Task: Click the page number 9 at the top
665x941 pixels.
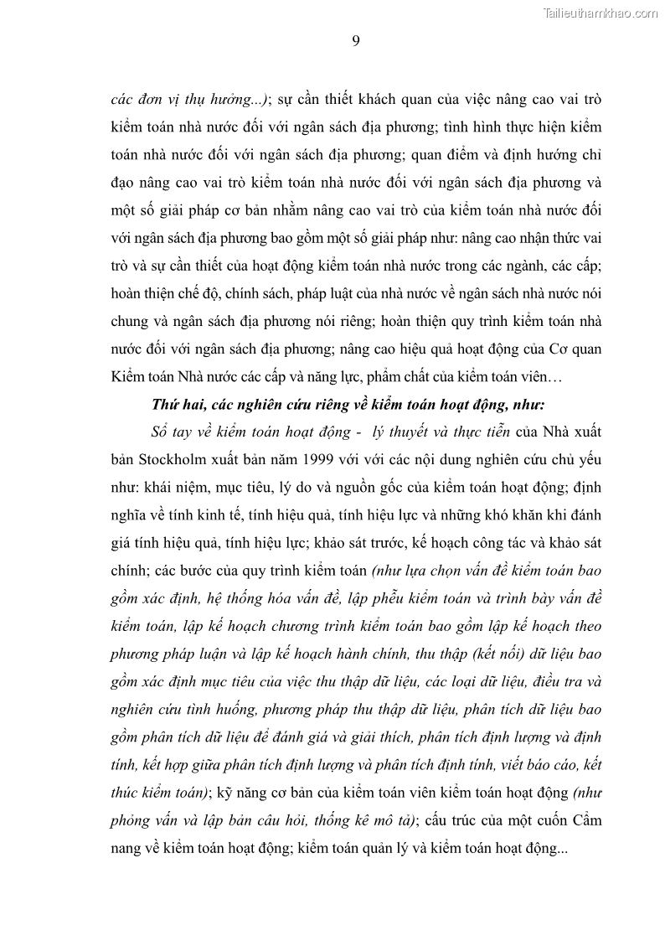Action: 356,42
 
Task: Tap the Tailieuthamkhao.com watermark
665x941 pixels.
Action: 601,13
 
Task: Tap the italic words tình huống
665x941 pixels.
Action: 220,710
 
